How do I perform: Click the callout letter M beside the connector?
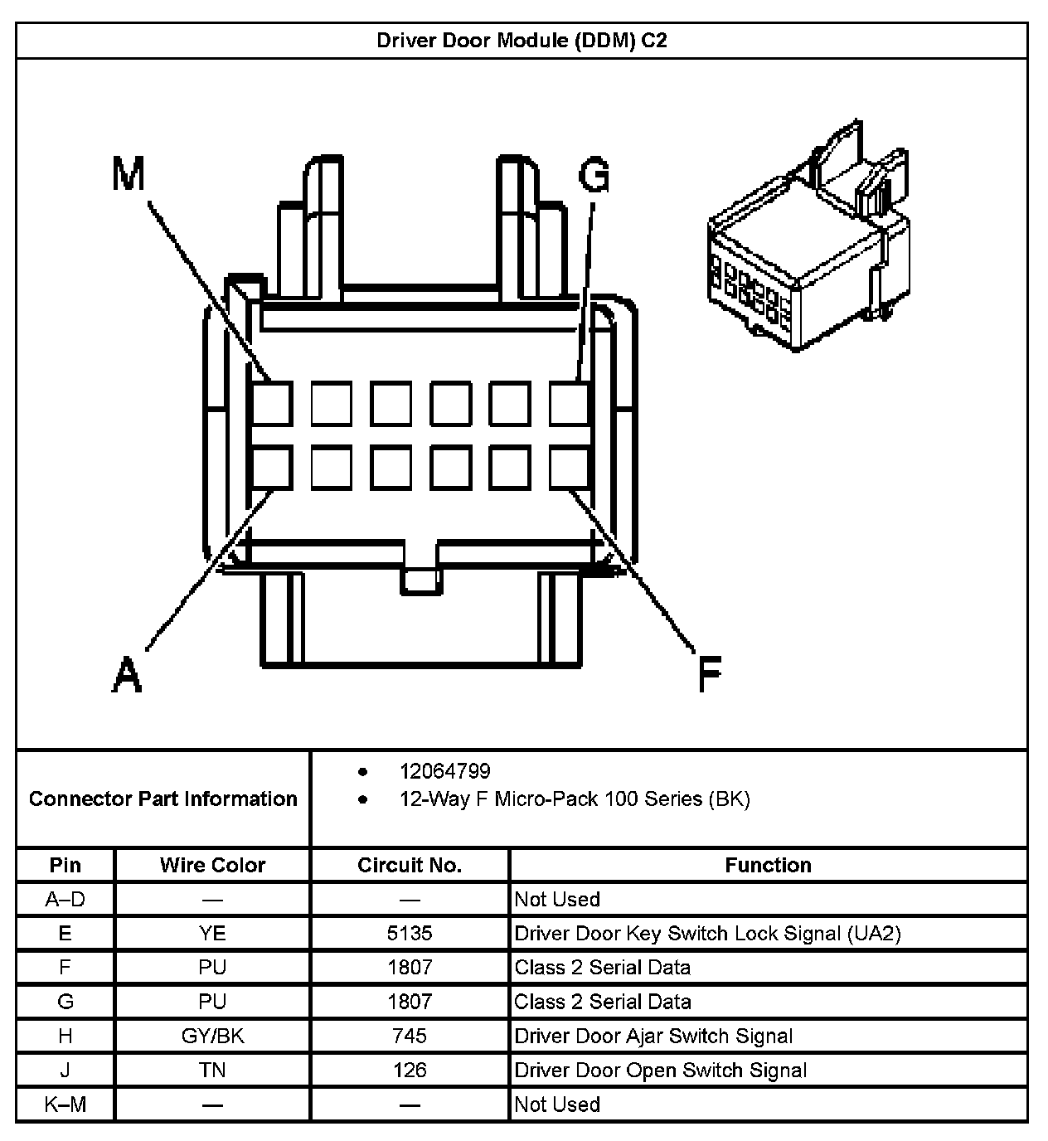(129, 175)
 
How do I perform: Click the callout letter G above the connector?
(594, 175)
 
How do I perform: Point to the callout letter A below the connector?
(127, 673)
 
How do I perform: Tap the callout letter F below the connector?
(709, 673)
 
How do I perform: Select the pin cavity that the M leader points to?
(272, 404)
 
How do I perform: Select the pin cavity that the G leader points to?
(570, 404)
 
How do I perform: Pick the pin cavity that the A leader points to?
(272, 467)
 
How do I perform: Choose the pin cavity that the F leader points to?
(570, 467)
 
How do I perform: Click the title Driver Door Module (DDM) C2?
(522, 41)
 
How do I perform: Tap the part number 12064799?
(444, 771)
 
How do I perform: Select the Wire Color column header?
(212, 865)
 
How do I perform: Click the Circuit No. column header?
(410, 865)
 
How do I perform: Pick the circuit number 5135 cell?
(410, 933)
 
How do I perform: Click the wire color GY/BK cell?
(212, 1036)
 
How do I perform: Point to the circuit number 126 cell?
(410, 1070)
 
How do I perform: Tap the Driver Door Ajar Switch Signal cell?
(653, 1036)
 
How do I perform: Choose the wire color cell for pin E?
(212, 933)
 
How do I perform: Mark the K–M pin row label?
(65, 1104)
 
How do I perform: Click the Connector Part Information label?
(163, 799)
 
